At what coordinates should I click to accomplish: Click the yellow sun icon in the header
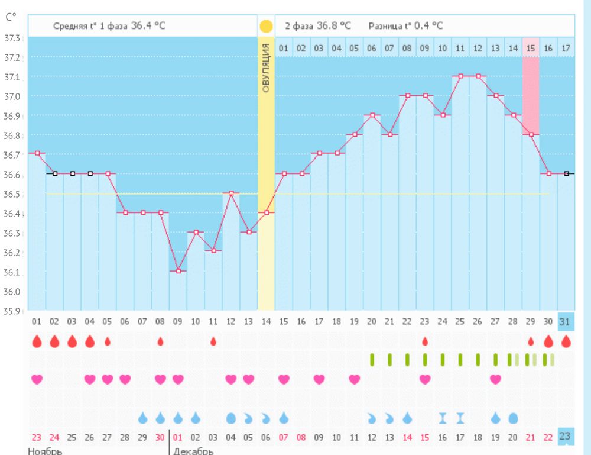point(266,26)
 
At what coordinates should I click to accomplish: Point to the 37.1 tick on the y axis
point(12,77)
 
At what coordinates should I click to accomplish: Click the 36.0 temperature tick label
point(12,292)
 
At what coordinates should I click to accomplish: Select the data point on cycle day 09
point(178,271)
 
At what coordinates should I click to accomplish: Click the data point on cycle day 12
point(231,193)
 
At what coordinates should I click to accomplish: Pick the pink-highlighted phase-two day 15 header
point(531,48)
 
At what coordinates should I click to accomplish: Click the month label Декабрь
point(193,451)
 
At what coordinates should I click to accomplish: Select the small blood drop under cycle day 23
point(425,341)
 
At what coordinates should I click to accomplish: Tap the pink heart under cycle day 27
point(496,379)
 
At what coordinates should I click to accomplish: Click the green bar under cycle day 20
point(372,359)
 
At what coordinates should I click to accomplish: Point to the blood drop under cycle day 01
point(37,341)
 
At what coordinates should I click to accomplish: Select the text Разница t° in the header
point(389,26)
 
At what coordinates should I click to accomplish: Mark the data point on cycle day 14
point(267,212)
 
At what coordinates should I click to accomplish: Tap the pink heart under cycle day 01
point(37,379)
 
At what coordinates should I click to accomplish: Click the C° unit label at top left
point(10,17)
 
